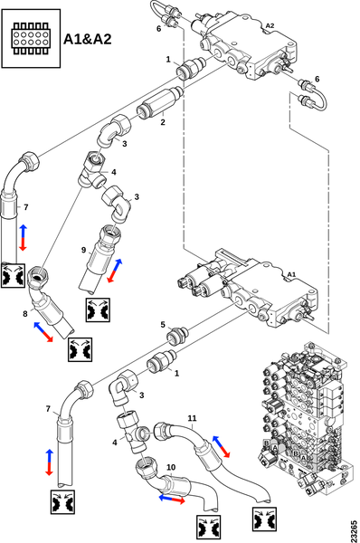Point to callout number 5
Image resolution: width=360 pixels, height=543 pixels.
click(x=163, y=323)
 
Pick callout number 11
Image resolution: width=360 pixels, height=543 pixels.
click(x=191, y=417)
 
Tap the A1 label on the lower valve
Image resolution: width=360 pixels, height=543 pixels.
click(x=291, y=273)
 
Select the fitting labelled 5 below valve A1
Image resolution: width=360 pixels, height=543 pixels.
click(x=181, y=331)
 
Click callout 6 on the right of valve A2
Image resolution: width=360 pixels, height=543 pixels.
click(x=317, y=80)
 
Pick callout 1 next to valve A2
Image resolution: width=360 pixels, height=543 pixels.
click(x=166, y=60)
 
